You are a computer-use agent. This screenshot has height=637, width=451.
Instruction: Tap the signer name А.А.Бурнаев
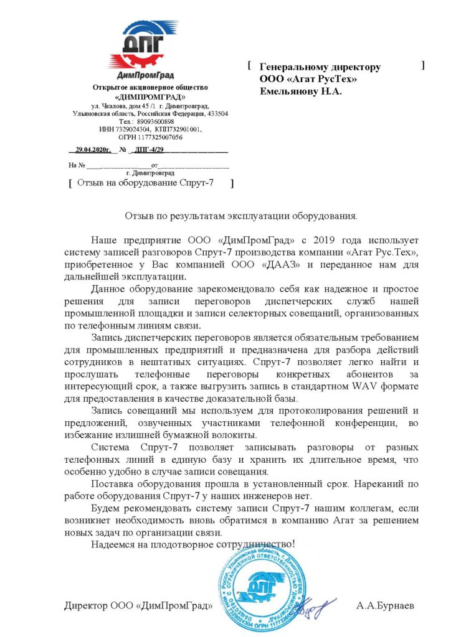pos(385,605)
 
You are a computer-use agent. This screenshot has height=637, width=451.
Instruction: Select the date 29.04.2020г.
pos(93,150)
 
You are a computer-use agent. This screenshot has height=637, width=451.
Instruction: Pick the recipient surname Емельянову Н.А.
pos(301,90)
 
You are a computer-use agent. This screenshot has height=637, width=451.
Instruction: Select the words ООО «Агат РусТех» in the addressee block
pos(308,78)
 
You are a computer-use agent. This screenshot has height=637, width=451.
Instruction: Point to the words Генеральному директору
pos(320,67)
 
